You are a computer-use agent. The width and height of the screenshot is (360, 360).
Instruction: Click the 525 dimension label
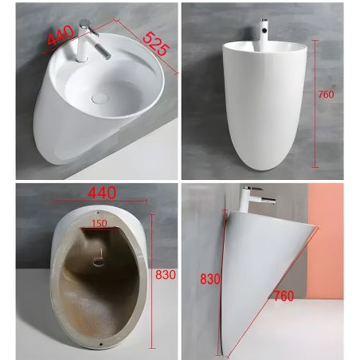pos(156,44)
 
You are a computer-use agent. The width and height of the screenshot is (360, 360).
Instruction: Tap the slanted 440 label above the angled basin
pos(61,35)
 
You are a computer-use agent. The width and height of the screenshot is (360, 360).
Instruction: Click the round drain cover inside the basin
pos(100,98)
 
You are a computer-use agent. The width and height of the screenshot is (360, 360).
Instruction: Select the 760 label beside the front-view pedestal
pos(326,94)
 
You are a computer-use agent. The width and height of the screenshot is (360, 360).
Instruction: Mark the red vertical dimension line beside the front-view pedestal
pos(315,104)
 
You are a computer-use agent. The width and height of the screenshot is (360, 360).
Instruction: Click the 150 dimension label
pos(99,223)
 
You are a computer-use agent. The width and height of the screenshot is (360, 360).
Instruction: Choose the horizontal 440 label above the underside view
pos(102,193)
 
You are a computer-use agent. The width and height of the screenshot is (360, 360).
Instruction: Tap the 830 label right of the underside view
pos(166,275)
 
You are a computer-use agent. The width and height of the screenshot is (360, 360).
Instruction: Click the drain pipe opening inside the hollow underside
pos(99,263)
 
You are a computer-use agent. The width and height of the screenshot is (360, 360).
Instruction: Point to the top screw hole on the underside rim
pos(98,212)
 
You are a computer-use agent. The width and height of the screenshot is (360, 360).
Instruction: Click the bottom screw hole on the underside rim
pos(101,344)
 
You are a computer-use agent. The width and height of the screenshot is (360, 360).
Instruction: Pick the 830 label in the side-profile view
pos(210,279)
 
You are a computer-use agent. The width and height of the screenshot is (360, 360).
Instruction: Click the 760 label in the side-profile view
pos(284,295)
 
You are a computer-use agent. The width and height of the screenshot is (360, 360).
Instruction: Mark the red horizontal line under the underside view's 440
pos(100,201)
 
